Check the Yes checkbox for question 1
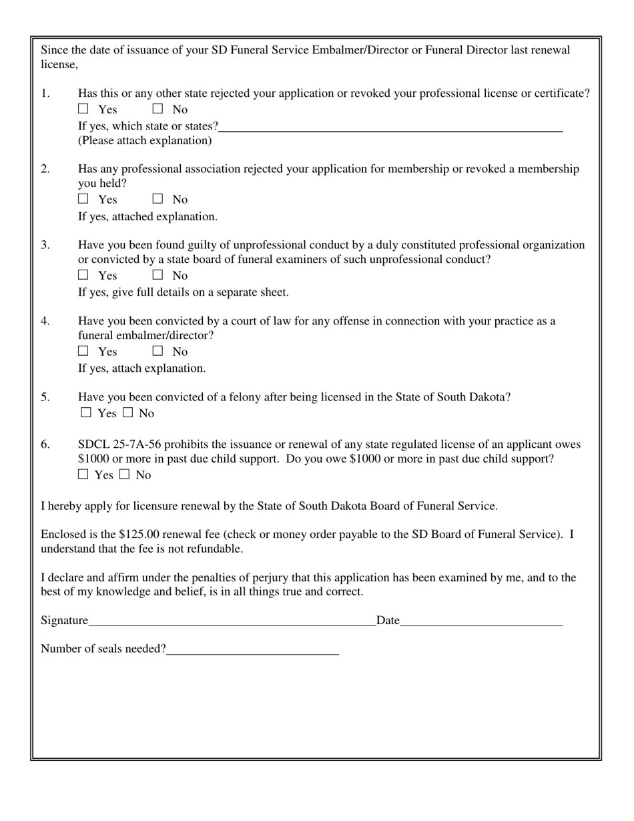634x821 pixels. (83, 108)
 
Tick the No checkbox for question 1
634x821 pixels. (157, 108)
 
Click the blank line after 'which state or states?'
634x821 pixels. (390, 127)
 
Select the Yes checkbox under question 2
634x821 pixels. (83, 198)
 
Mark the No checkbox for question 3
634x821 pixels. (157, 274)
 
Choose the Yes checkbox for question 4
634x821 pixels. (83, 350)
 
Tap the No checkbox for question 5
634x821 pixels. (128, 413)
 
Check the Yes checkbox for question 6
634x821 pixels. (83, 475)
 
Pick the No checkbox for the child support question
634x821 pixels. (125, 475)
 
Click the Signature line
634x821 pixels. (232, 621)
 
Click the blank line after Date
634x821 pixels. (481, 621)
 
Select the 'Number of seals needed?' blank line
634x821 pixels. (252, 649)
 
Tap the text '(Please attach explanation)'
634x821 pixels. (145, 140)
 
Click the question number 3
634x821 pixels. (45, 245)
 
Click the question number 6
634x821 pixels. (45, 445)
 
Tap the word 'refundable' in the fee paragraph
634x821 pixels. (214, 549)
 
